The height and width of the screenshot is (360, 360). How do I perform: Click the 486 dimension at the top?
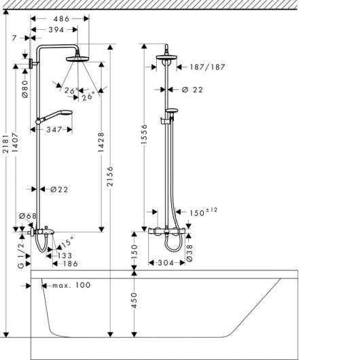[x=61, y=19]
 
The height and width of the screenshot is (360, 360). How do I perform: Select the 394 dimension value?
[x=56, y=30]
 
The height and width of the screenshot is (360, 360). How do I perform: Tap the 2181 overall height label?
[x=5, y=144]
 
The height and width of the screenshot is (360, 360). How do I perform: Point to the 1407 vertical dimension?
[x=15, y=143]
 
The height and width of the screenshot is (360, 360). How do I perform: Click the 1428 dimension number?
[x=101, y=142]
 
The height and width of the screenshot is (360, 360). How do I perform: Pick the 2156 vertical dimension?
[x=111, y=176]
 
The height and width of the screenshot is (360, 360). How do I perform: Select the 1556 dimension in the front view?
[x=144, y=134]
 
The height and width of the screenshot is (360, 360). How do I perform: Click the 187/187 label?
[x=208, y=67]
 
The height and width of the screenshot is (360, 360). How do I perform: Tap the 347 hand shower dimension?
[x=54, y=130]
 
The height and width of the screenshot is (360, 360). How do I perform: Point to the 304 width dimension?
[x=166, y=263]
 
